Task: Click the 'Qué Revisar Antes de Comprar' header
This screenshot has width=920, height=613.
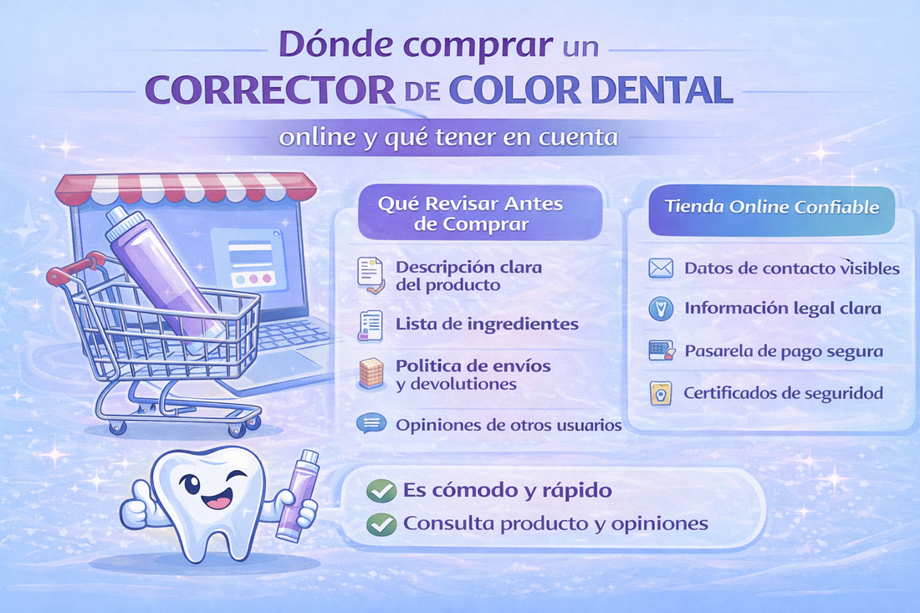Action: (470, 213)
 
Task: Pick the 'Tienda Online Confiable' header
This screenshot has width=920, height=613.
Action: (772, 206)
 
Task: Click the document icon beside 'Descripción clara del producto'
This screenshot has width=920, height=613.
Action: (370, 275)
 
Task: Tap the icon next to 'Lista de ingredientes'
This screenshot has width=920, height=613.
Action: (370, 324)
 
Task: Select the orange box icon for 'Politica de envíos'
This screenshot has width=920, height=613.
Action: (370, 374)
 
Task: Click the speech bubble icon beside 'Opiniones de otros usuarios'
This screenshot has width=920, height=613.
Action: (369, 424)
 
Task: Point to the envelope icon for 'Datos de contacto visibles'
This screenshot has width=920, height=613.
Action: (661, 268)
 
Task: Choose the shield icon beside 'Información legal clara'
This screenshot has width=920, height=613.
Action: (661, 309)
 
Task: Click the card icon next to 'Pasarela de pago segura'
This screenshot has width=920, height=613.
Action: (661, 350)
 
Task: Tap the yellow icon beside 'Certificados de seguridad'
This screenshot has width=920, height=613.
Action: (661, 392)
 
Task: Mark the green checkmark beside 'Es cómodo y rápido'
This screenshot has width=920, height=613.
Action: (381, 491)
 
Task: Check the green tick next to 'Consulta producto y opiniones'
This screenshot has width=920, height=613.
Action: (381, 524)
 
